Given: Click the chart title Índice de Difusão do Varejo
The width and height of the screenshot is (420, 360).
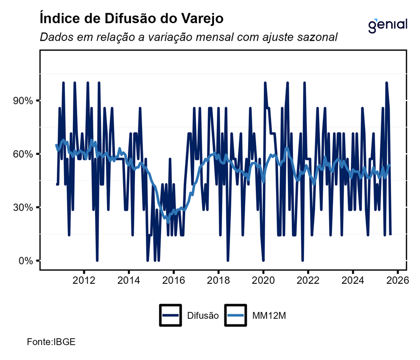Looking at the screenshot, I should (132, 19).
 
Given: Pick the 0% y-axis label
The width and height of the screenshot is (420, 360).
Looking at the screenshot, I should (24, 261).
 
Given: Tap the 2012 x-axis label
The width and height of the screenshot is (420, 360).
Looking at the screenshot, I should (84, 279).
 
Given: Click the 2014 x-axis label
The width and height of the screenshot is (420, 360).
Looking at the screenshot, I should (129, 279).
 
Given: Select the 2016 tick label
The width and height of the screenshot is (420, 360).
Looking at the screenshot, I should (173, 279).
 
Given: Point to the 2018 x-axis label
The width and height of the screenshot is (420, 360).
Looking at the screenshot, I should (218, 279).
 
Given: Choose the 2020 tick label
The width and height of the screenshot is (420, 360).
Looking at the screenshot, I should (263, 279).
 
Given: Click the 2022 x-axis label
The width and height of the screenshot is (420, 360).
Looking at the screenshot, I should (308, 279).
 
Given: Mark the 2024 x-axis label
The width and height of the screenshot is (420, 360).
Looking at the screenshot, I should (353, 279).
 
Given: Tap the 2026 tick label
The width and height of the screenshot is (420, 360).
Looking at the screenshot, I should (397, 279).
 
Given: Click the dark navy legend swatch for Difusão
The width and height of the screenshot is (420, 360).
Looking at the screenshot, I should (171, 315).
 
